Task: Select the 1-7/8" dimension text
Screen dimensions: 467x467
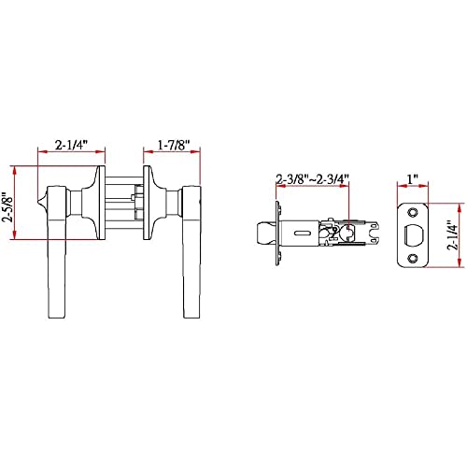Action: coord(174,145)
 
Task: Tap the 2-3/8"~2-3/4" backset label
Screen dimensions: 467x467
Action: coord(312,179)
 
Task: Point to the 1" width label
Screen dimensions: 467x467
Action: coord(412,179)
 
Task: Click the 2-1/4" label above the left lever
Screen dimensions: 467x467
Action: coord(71,145)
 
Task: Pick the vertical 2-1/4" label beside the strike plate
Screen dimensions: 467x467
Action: coord(453,235)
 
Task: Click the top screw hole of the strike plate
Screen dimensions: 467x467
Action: coord(413,212)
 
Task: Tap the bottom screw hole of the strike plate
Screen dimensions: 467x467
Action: coord(413,258)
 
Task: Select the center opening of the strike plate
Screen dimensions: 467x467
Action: coord(413,235)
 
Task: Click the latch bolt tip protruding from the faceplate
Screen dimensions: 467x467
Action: coord(265,233)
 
